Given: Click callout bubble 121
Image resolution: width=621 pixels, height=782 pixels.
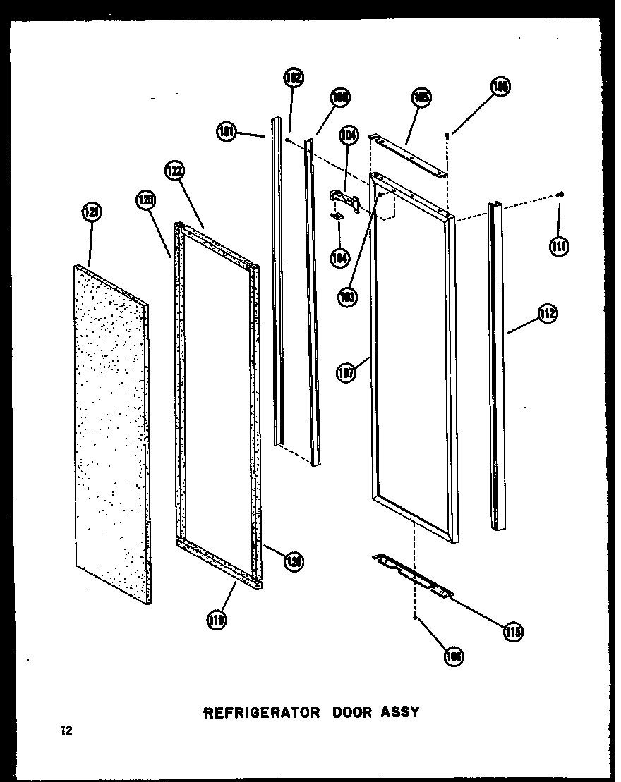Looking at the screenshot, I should pos(92,212).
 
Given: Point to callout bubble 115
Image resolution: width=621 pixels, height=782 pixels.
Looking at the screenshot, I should pos(513,631).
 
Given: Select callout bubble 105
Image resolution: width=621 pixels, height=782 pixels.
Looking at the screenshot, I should pos(421,98).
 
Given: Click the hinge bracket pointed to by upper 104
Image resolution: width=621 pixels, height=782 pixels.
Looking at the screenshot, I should pos(346,199).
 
